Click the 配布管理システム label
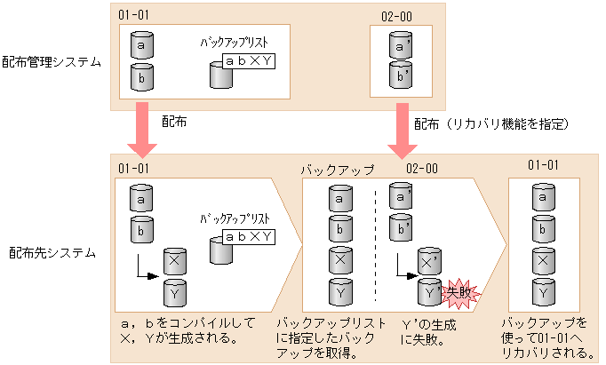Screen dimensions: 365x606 51,61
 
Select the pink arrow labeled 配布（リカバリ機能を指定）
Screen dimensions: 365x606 396,131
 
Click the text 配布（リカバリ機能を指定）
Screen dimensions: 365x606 492,122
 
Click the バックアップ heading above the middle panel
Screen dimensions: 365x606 338,168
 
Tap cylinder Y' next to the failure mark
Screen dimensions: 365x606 428,291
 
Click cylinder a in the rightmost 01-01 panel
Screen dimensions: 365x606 542,197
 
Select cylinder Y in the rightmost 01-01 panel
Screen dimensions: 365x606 542,290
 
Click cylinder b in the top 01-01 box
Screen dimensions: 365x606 142,76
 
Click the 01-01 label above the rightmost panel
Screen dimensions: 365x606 543,164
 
